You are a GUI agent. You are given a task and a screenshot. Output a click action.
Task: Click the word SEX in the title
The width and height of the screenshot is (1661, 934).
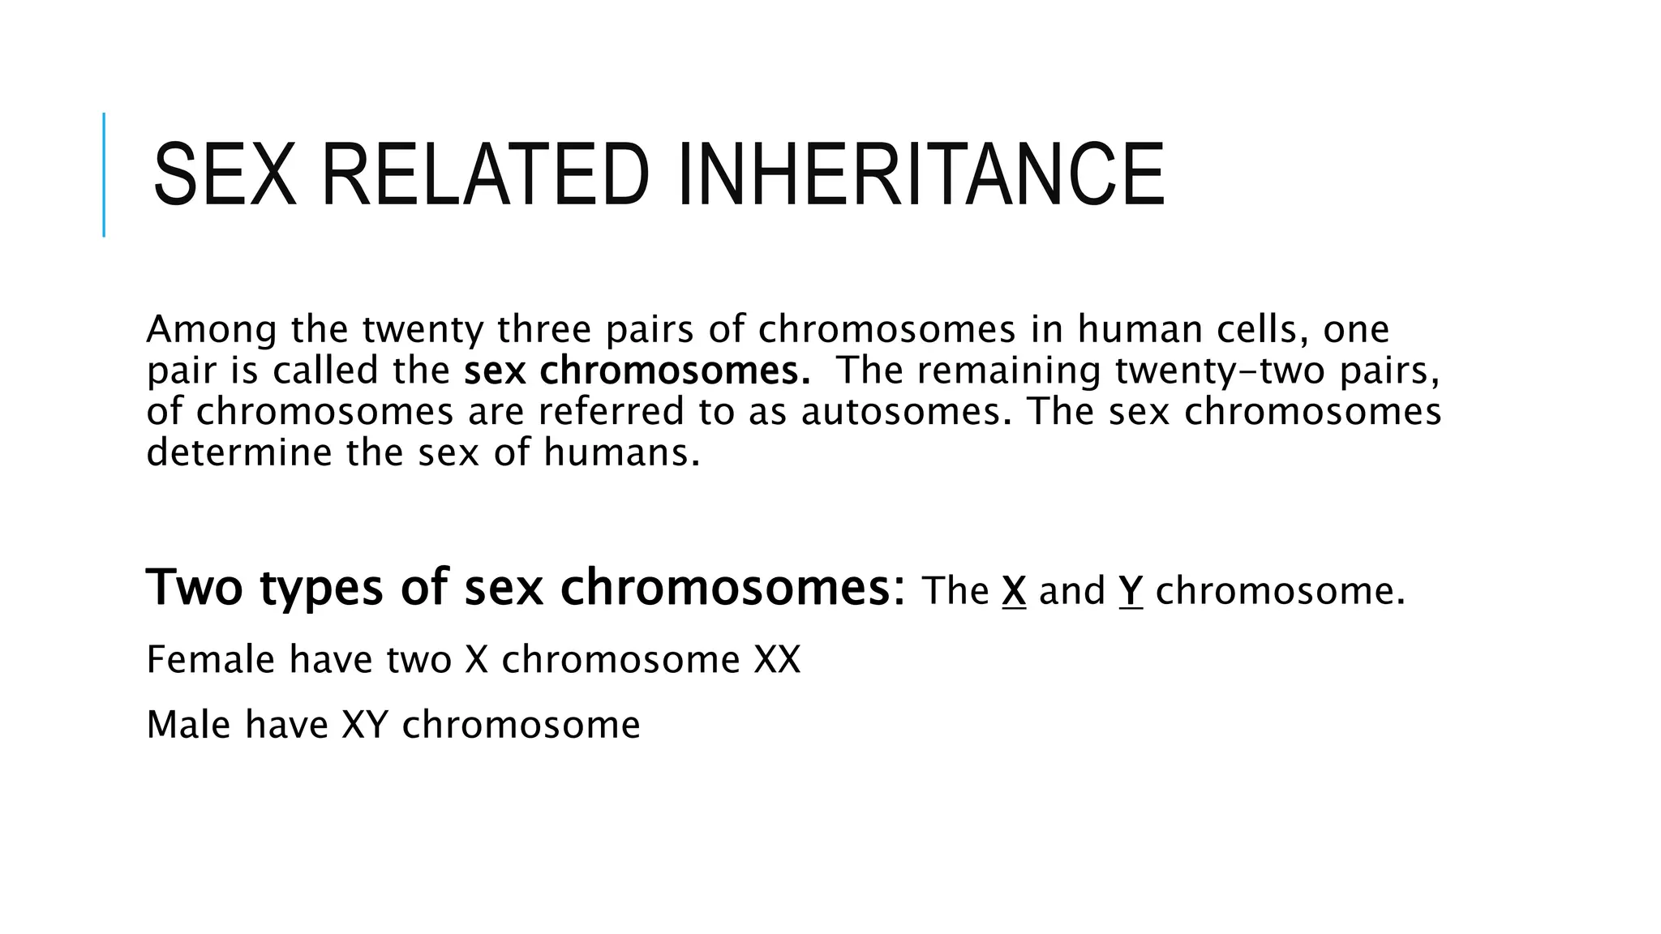(x=224, y=175)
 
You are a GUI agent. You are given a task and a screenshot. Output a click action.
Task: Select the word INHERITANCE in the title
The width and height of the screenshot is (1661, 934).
(x=920, y=175)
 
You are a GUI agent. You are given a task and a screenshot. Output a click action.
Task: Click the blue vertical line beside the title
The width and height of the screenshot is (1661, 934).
(x=104, y=174)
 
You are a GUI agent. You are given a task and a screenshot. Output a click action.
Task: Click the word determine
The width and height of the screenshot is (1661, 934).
(x=240, y=452)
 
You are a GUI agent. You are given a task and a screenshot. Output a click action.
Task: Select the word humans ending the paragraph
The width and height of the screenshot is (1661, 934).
(x=621, y=452)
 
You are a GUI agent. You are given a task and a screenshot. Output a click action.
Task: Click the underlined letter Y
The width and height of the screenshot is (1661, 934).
(x=1131, y=590)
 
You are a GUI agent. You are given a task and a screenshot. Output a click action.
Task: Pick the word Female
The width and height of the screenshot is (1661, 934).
(x=211, y=659)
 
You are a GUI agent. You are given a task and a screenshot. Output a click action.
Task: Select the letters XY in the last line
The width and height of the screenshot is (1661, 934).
(x=365, y=724)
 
